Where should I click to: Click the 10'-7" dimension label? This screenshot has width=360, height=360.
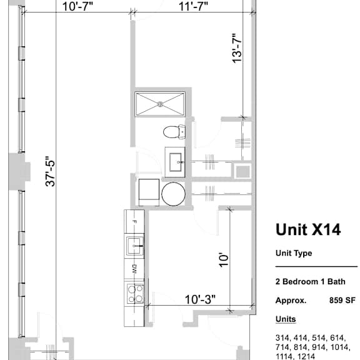(77, 6)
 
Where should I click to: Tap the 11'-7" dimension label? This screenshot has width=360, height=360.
(193, 6)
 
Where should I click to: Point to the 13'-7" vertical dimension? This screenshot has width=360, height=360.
(237, 48)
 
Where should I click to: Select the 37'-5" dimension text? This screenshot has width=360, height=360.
(50, 171)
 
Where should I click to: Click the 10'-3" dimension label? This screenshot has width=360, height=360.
(200, 299)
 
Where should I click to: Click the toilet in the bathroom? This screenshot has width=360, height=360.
(174, 132)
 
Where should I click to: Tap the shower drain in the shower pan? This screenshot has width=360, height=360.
(160, 104)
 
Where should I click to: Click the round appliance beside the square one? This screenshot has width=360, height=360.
(173, 194)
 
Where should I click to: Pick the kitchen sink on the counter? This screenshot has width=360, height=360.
(134, 246)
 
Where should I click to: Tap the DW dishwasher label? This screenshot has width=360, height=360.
(135, 269)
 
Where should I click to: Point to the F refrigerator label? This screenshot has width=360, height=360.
(135, 222)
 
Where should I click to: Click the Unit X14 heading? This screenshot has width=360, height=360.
(308, 229)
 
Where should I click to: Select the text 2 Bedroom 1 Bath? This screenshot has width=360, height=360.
(310, 281)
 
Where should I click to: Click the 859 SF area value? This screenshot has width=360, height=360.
(342, 300)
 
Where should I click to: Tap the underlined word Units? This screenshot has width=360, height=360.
(286, 319)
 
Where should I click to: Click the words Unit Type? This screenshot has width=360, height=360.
(294, 253)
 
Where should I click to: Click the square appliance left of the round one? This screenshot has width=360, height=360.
(149, 192)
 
